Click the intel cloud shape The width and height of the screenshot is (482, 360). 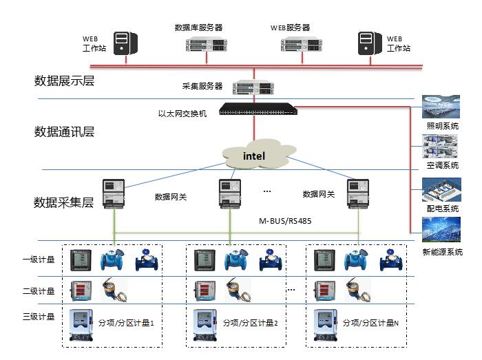255,156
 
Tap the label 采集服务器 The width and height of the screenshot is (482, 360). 202,87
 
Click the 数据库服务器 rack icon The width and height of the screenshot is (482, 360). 207,45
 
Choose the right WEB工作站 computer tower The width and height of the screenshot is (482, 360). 368,43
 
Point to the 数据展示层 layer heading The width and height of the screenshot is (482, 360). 64,81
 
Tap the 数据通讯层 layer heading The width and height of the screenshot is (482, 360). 64,131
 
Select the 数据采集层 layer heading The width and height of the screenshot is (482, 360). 64,202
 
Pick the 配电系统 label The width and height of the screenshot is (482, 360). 442,209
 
